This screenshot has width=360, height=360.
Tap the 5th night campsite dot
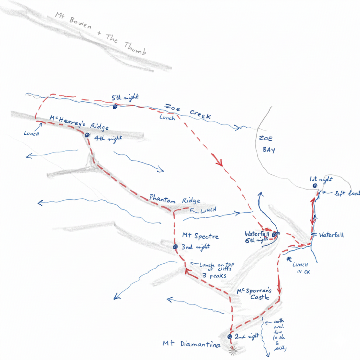coord(115,107)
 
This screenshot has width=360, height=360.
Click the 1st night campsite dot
coord(315,186)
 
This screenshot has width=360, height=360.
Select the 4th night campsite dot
coord(87,135)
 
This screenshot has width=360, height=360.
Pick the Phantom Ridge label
coord(174,199)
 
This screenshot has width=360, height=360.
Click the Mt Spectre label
coord(200,236)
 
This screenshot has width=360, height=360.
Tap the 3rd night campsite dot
coord(175,247)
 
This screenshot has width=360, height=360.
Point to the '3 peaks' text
coord(213,276)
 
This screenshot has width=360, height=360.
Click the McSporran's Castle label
coord(255,294)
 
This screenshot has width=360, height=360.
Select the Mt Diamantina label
coord(191,345)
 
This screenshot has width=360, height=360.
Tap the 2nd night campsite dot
coord(230,336)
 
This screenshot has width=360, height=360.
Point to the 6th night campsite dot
coord(274,234)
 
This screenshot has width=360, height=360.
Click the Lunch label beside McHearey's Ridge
coord(31,134)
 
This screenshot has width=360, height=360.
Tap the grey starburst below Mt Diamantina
coord(232,350)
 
